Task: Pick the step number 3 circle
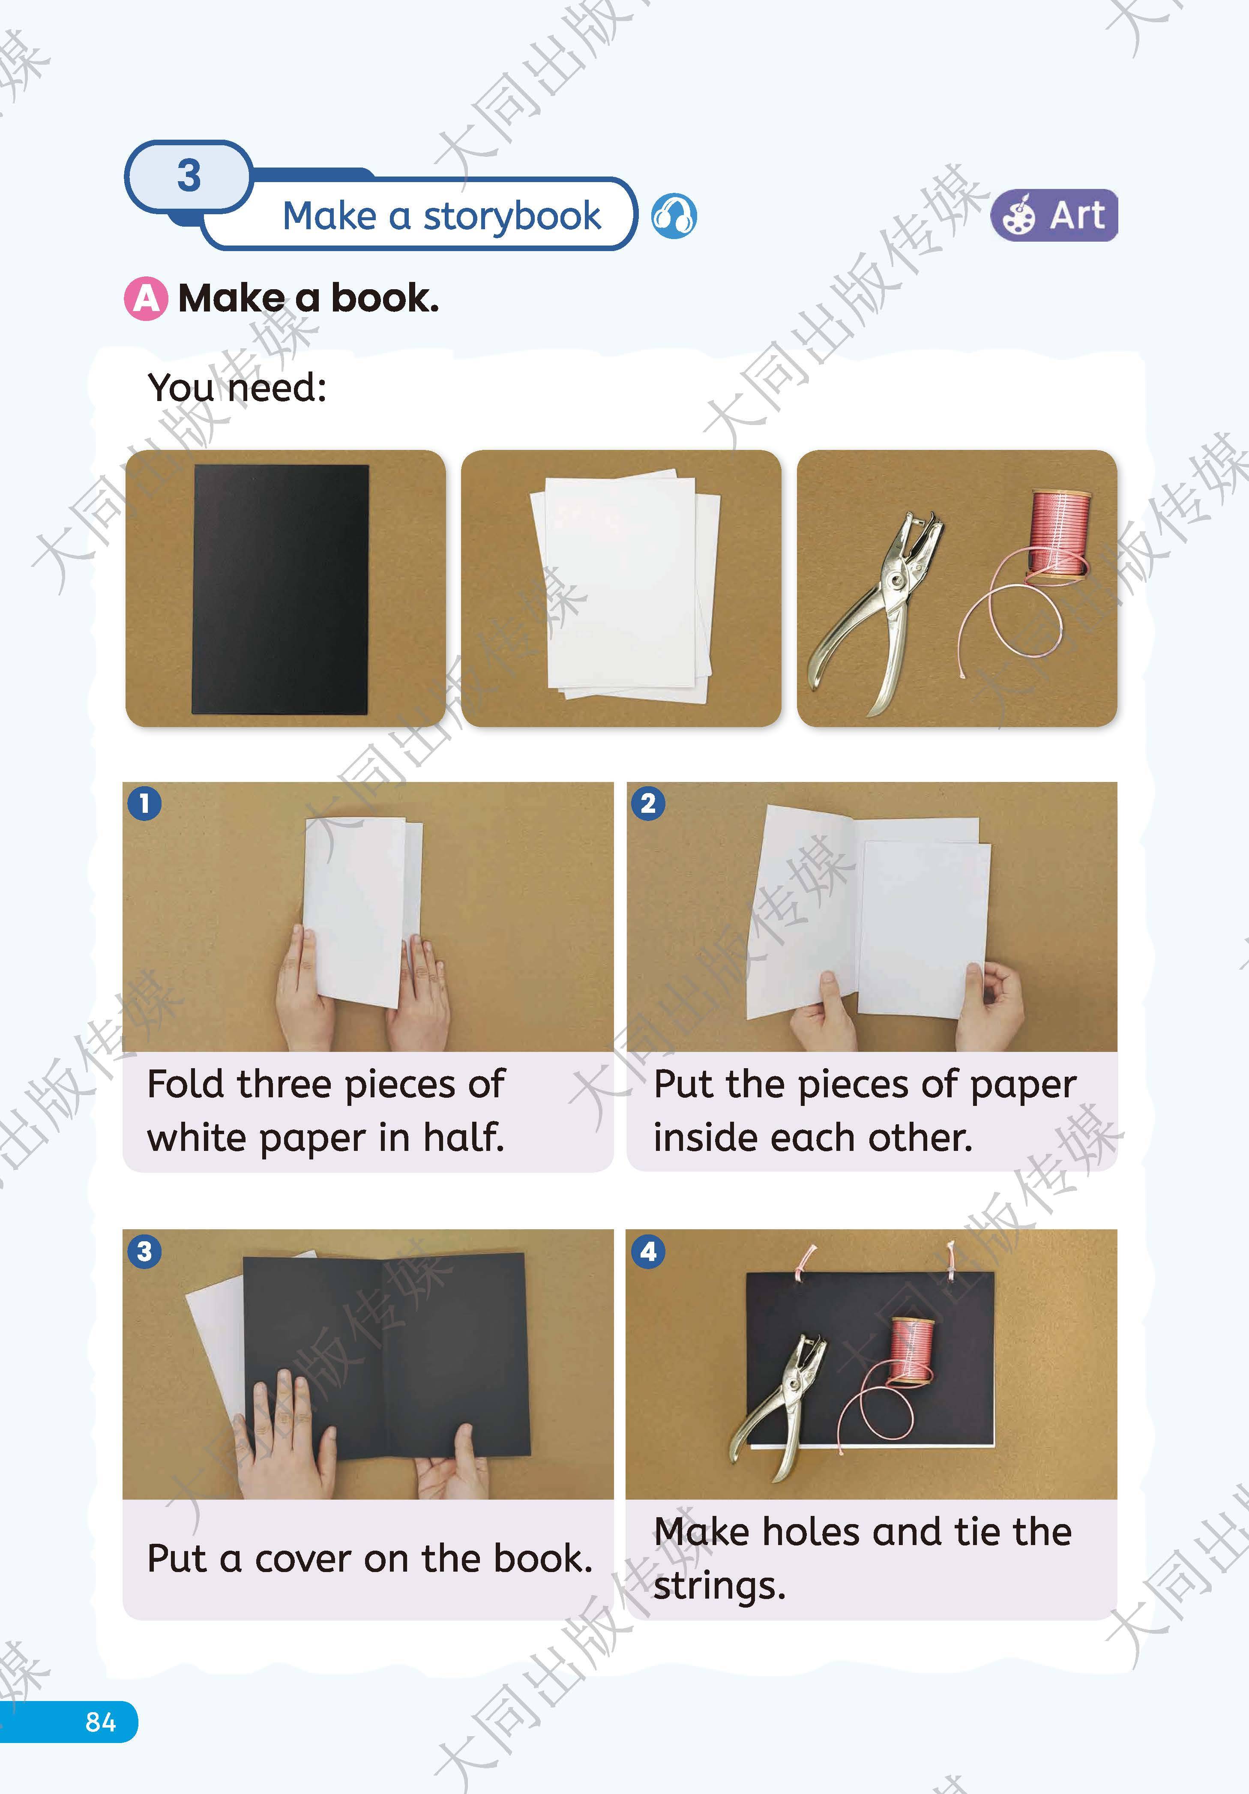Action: [144, 1252]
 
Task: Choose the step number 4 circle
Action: [648, 1252]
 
